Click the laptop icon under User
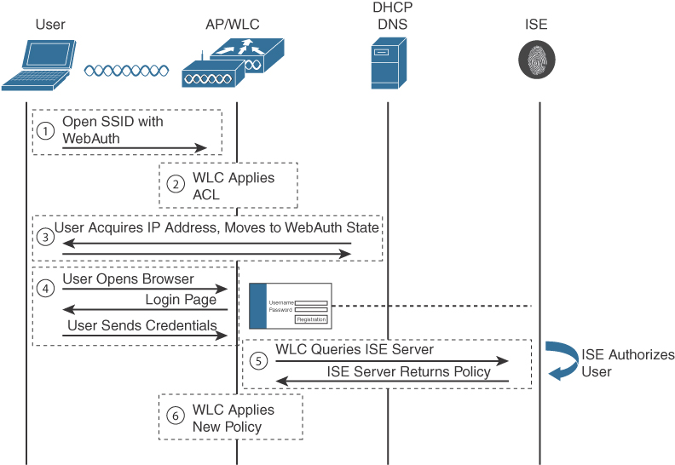coord(37,66)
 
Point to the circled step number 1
coord(46,130)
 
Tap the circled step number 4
coord(46,290)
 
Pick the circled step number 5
coord(258,360)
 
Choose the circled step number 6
coord(176,416)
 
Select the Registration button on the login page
coord(310,319)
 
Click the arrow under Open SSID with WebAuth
coord(135,148)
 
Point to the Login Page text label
coord(180,300)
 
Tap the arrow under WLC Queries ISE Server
coord(392,361)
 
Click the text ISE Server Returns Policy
coord(409,371)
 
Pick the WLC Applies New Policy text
coord(233,417)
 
